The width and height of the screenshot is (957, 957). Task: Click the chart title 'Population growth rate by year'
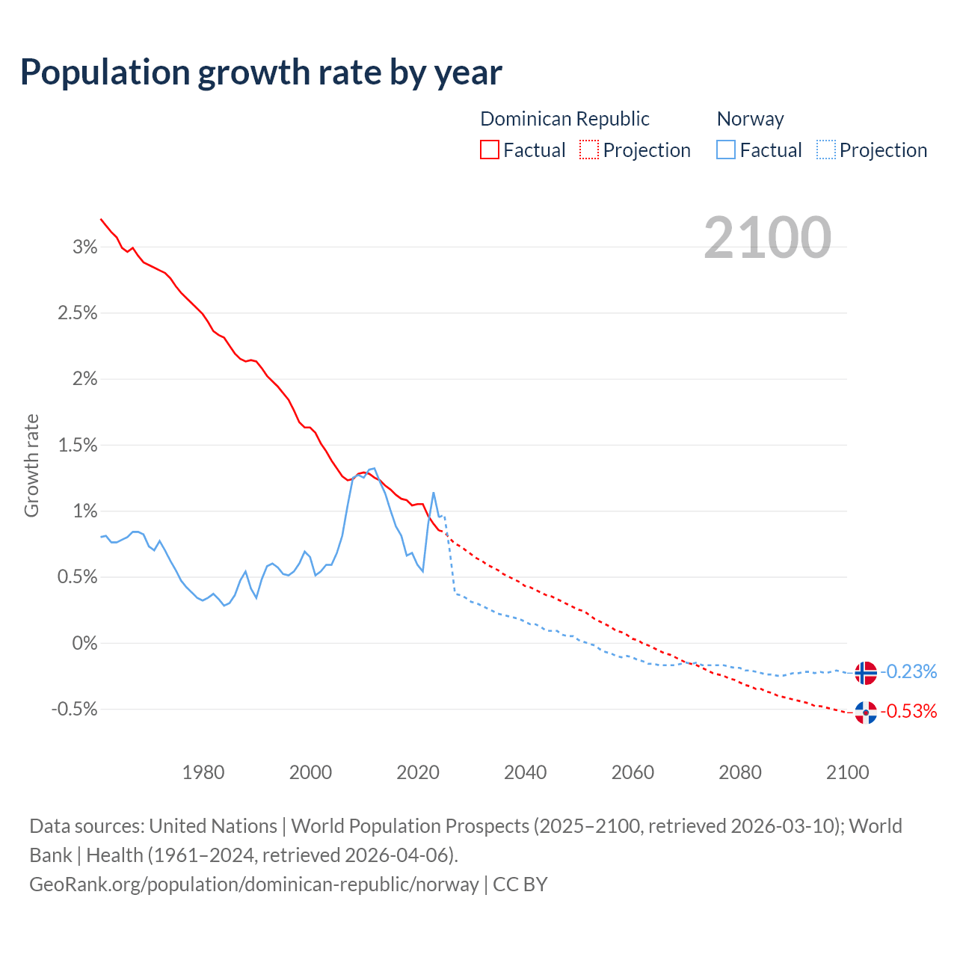coord(261,73)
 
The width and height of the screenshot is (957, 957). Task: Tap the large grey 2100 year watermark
coord(767,238)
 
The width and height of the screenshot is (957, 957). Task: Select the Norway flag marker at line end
coord(865,673)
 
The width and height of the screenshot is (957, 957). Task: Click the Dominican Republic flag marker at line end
coord(865,713)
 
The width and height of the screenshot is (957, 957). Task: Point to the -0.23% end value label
coord(908,671)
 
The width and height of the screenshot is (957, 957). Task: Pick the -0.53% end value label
coord(908,711)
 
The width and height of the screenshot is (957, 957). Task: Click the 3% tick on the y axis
coord(84,247)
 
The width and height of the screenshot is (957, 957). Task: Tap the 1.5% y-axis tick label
coord(77,446)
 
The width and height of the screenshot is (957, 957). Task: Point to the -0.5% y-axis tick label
coord(74,709)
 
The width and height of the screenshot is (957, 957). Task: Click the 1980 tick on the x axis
coord(203,772)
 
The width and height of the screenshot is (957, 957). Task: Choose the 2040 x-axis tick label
coord(526,772)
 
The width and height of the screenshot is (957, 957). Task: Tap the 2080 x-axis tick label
coord(740,772)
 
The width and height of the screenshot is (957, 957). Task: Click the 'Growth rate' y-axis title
coord(31,465)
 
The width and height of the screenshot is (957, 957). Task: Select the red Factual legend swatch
coord(489,150)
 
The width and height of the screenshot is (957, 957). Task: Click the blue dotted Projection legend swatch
coord(826,150)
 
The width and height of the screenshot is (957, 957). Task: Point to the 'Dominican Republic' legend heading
coord(564,119)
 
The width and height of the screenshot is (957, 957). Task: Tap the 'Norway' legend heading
coord(750,119)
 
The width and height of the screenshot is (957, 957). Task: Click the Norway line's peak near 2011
coord(374,469)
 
